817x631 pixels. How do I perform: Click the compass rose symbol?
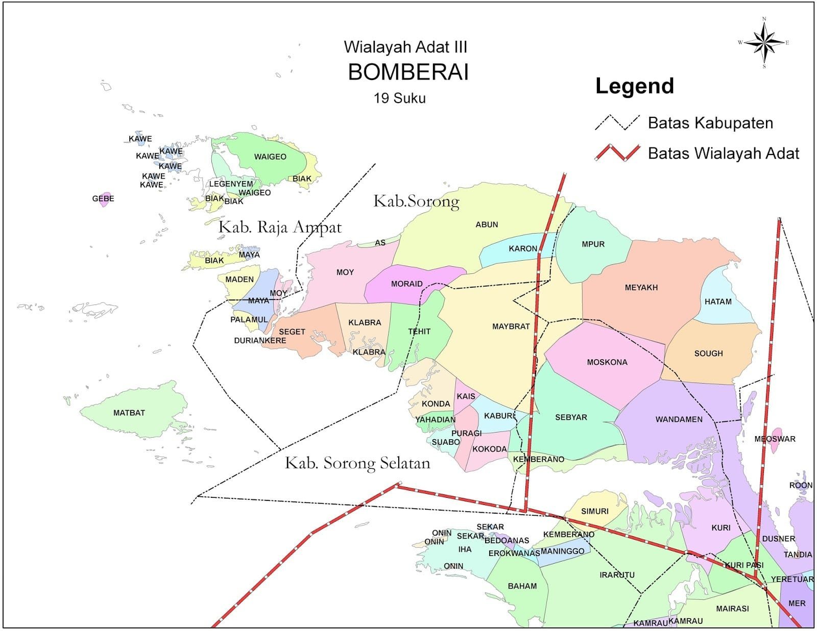tap(764, 43)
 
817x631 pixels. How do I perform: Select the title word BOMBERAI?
tap(408, 72)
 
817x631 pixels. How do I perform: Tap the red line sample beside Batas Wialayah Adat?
tap(617, 153)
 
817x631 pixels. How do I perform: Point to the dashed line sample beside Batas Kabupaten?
tap(617, 123)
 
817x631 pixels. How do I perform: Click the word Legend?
tap(635, 86)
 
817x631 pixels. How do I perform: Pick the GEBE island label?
tap(103, 198)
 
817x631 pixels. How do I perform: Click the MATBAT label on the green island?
tap(129, 413)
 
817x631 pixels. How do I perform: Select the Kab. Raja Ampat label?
tap(280, 227)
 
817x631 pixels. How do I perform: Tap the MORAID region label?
tap(406, 284)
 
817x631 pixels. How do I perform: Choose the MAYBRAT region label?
tap(511, 326)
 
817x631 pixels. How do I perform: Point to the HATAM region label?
tap(718, 301)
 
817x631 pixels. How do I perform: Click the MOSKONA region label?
tap(607, 362)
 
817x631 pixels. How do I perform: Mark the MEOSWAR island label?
tap(775, 439)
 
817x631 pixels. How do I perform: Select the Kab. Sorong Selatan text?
tap(357, 463)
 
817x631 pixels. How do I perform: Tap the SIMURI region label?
tap(595, 511)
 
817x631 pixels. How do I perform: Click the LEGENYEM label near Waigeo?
tap(231, 184)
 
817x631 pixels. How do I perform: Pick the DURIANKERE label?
tap(260, 340)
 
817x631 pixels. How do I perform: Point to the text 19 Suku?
tap(399, 98)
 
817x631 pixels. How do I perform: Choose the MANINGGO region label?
tap(562, 551)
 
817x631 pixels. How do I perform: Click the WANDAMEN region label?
tap(679, 419)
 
